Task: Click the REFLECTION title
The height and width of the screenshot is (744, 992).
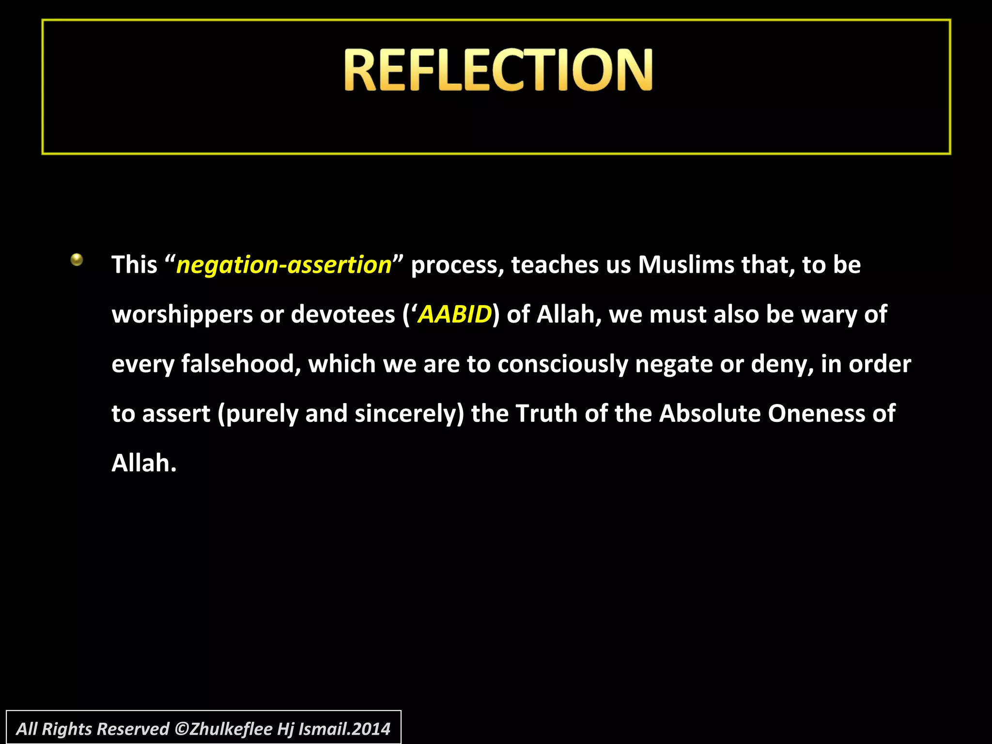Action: pos(498,70)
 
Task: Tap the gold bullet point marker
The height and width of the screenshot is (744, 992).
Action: pos(77,260)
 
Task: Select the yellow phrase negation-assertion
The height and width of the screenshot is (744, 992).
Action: pos(284,265)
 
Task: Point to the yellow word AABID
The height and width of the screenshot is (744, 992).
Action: pos(455,314)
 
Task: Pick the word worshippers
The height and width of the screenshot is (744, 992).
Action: pos(183,315)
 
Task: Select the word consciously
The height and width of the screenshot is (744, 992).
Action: pos(562,364)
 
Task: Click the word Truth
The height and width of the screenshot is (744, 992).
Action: pos(546,414)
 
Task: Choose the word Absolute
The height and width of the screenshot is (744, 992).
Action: pos(710,414)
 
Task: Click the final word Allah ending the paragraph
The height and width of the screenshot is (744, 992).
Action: pos(143,463)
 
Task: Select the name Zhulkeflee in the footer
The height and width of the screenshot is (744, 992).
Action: pos(231,729)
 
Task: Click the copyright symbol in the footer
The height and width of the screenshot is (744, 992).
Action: pos(181,729)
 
